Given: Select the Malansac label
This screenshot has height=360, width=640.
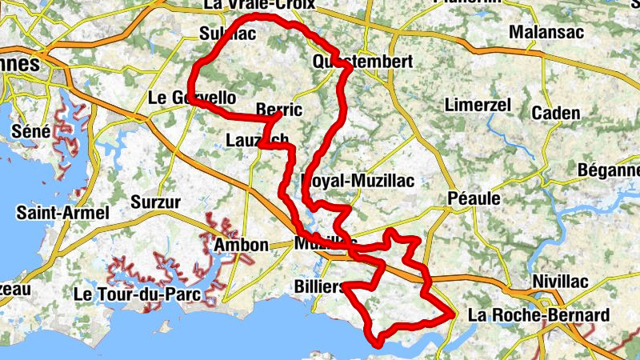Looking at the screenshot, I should [x=546, y=33].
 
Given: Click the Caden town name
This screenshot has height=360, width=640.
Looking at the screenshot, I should [x=555, y=113].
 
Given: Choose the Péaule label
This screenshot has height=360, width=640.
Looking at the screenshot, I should [x=474, y=197].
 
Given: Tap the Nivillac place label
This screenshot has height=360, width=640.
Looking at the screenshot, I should [x=560, y=282].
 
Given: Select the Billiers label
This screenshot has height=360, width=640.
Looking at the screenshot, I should [x=319, y=287].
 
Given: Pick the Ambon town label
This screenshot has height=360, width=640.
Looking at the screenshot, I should [x=241, y=245].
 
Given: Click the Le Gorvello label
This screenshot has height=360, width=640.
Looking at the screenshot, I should [x=192, y=98].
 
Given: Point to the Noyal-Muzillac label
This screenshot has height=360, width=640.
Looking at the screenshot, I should [x=358, y=181].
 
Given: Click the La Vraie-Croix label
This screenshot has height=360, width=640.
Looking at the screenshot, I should [x=259, y=5].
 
